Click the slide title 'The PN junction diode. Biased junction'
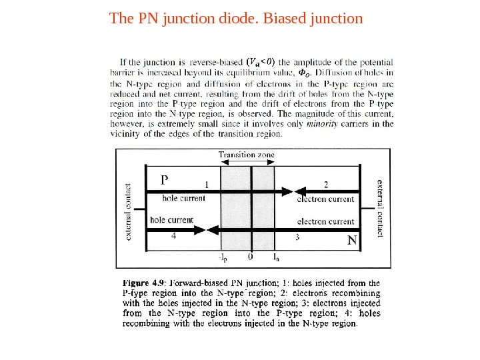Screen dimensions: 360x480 (236, 18)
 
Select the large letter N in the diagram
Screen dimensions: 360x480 (352, 239)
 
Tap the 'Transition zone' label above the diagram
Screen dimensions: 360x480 (246, 155)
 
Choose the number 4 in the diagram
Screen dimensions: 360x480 (174, 235)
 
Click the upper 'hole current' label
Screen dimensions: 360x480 (184, 198)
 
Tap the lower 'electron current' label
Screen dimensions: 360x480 (325, 221)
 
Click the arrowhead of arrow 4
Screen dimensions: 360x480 (199, 229)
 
